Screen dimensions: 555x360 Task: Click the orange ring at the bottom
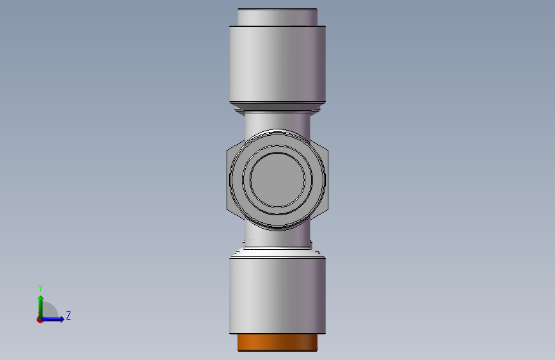tap(278, 342)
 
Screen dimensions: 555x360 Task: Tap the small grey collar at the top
tap(278, 17)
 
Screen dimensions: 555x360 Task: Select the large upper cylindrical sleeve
tap(278, 64)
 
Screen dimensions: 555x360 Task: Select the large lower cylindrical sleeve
tap(278, 295)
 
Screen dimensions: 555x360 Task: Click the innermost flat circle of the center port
tap(278, 180)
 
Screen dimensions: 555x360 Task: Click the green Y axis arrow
tap(41, 307)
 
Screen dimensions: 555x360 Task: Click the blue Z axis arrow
tap(52, 319)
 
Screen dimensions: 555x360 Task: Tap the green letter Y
tap(40, 288)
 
